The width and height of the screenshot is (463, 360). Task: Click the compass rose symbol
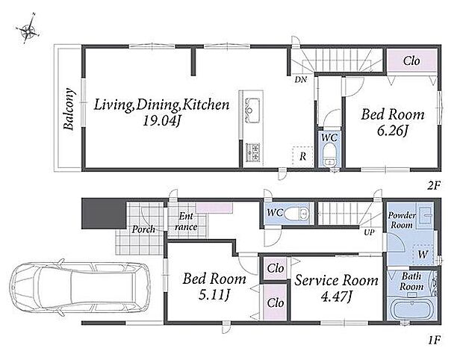tap(28, 30)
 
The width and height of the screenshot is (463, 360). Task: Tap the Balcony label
tap(69, 109)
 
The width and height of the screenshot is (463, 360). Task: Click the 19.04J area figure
tap(161, 121)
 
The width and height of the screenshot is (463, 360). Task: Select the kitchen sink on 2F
tap(252, 110)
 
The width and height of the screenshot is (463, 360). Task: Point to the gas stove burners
tap(252, 152)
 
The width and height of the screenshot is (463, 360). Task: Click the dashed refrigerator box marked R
tap(302, 156)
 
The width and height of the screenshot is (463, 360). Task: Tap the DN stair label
tap(301, 79)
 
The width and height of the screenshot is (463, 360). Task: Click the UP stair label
tap(369, 232)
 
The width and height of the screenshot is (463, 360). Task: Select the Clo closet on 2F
tap(411, 60)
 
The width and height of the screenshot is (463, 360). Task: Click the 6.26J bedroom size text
tap(392, 131)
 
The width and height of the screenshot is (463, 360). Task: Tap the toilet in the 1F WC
tap(296, 213)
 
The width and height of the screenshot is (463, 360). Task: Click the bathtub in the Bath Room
tap(411, 308)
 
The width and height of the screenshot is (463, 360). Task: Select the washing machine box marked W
tap(423, 254)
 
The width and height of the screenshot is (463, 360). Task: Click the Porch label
tap(143, 229)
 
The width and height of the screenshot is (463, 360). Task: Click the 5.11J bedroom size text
tap(214, 295)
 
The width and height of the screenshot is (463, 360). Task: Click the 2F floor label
tap(434, 186)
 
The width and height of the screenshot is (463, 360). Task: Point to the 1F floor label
tap(434, 341)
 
